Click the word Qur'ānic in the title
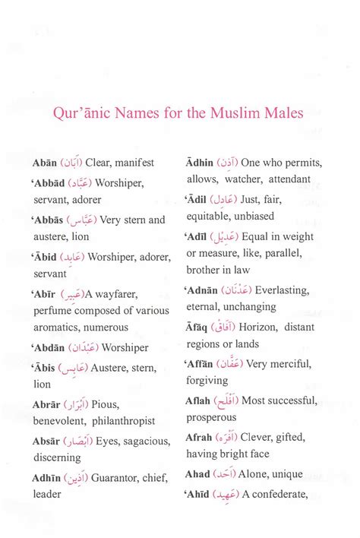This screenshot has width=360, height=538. coord(83,114)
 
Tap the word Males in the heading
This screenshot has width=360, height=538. coord(278,114)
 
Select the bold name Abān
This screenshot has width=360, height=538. coord(45,163)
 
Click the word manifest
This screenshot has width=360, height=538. coord(134,163)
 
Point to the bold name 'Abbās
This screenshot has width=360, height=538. coord(48,220)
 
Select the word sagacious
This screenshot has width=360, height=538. coord(135,441)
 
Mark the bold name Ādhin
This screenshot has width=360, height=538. coord(200,163)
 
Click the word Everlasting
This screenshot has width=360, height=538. coord(283,291)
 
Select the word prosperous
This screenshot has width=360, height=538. coord(211,418)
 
